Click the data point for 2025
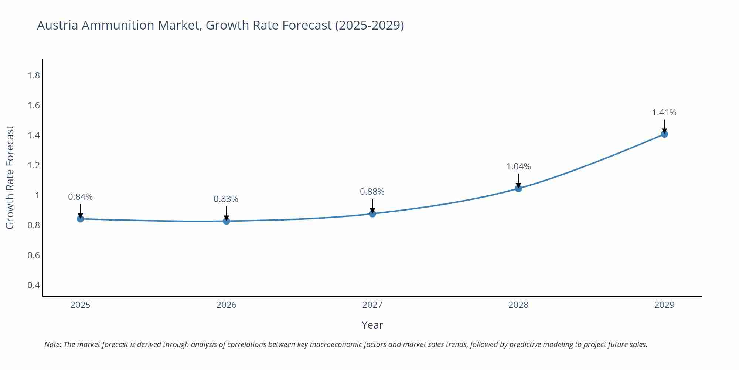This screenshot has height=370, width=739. click(81, 219)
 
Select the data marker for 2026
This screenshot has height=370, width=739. click(227, 221)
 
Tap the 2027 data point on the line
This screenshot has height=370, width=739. click(372, 214)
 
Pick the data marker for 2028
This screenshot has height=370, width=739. click(518, 189)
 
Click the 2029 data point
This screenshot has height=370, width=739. click(664, 134)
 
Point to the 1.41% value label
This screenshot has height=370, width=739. click(664, 112)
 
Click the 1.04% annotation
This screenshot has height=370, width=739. click(518, 167)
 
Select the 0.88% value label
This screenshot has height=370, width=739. click(372, 192)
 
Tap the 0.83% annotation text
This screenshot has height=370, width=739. click(226, 199)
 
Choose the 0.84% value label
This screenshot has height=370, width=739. click(80, 197)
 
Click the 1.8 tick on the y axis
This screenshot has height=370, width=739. click(34, 76)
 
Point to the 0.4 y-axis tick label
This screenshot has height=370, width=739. click(34, 285)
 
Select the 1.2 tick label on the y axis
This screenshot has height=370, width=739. click(34, 165)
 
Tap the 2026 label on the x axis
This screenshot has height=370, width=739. click(226, 305)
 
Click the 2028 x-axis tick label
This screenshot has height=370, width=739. click(518, 305)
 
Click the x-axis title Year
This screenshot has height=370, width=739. click(372, 325)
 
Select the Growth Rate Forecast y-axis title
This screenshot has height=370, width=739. click(10, 178)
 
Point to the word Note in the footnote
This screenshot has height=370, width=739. click(53, 344)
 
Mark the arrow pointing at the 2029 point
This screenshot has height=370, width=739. click(664, 126)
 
